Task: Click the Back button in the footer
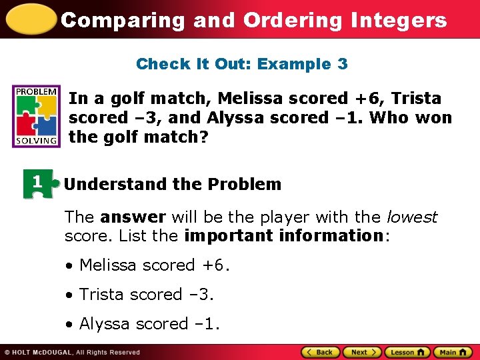(320, 352)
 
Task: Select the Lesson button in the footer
(407, 352)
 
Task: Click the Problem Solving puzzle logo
(36, 115)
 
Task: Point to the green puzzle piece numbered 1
(37, 183)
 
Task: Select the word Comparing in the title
(122, 20)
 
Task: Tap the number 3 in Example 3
(342, 64)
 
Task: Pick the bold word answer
(133, 217)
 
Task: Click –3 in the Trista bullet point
(201, 294)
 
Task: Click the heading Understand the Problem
(173, 184)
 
